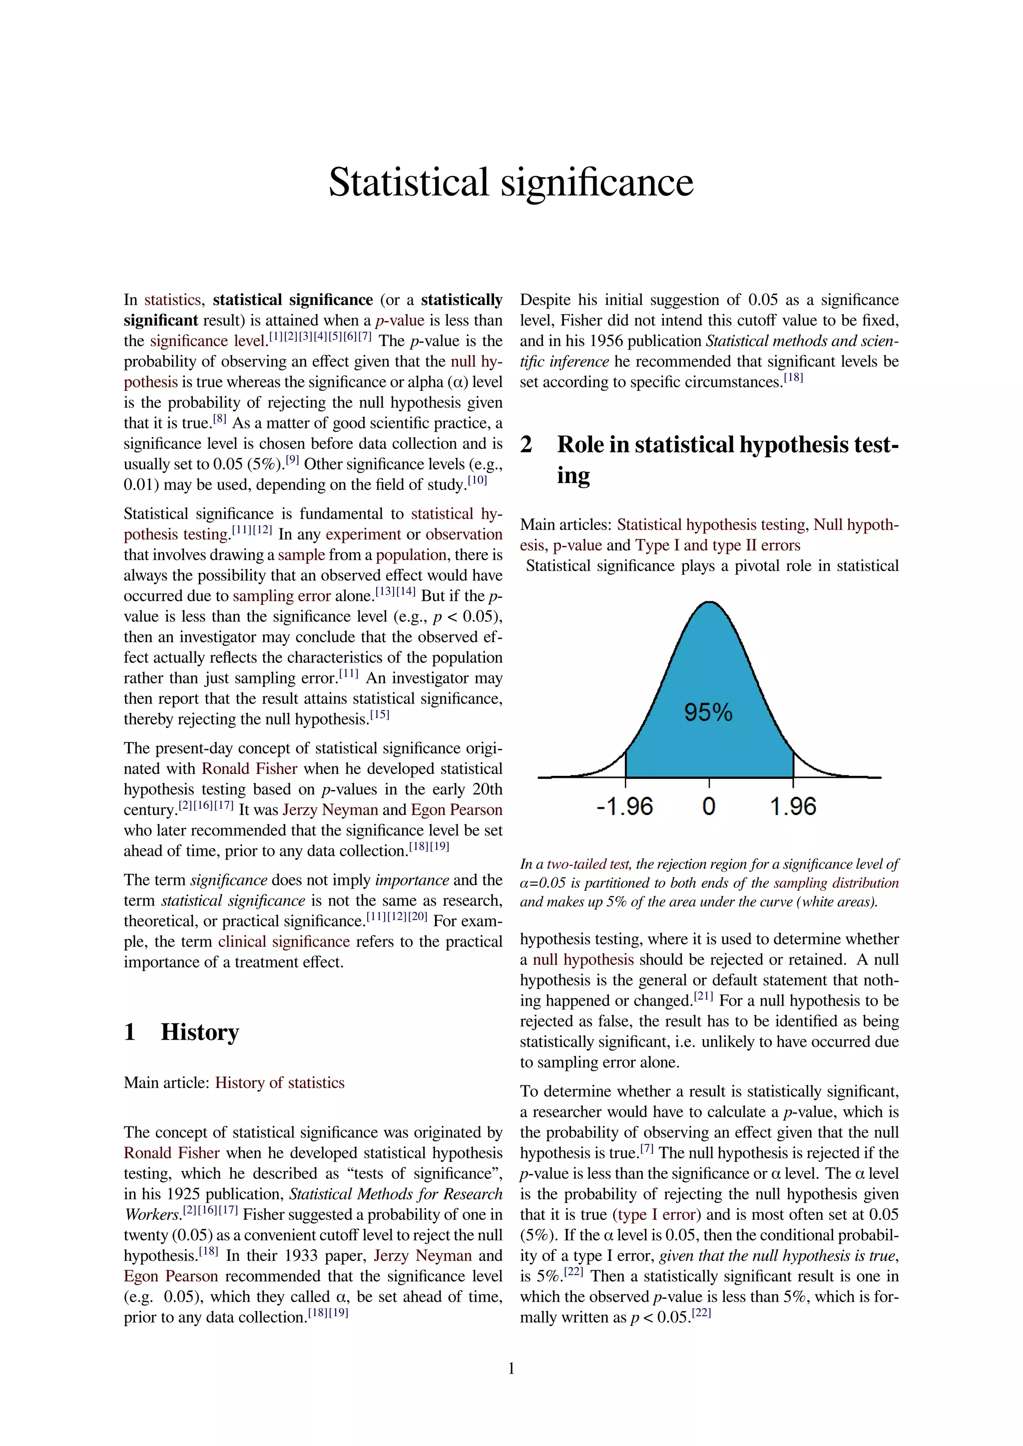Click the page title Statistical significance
[511, 183]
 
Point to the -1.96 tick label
[624, 807]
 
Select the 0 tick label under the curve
[709, 807]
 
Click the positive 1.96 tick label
[793, 807]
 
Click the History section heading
[200, 1032]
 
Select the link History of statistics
[280, 1083]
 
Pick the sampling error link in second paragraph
[282, 596]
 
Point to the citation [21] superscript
[704, 996]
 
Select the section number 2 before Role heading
[526, 444]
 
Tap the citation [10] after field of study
[478, 480]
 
